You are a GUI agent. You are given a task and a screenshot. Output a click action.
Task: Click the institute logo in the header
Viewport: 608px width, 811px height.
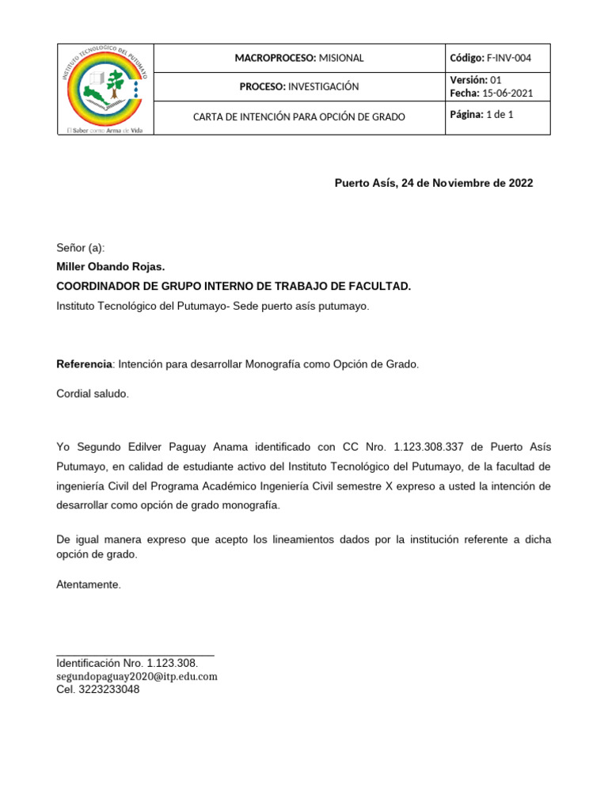[x=104, y=87]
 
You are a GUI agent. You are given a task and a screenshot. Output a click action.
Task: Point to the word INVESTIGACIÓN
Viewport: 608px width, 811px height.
[x=323, y=86]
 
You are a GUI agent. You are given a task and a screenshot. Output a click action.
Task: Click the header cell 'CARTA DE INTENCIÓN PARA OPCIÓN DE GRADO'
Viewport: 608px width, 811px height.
[x=299, y=116]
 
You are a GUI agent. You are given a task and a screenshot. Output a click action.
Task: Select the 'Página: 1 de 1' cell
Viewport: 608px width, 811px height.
[x=481, y=115]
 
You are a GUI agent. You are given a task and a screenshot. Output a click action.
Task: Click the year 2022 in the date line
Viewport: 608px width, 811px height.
[x=520, y=183]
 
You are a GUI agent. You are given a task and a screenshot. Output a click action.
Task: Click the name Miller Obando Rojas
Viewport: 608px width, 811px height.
[x=111, y=267]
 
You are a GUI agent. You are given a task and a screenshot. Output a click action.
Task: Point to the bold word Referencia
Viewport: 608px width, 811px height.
[x=85, y=364]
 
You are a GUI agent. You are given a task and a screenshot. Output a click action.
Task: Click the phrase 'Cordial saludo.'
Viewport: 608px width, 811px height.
[x=92, y=394]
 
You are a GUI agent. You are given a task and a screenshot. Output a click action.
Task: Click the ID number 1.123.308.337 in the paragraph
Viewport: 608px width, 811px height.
[x=427, y=447]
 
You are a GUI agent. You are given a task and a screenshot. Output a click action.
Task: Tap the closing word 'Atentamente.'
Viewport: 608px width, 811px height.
[x=89, y=584]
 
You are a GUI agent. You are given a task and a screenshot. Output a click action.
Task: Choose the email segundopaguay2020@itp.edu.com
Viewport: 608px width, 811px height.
[x=136, y=676]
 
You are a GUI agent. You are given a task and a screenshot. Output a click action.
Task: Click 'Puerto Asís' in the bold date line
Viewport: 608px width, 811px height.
[x=365, y=183]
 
